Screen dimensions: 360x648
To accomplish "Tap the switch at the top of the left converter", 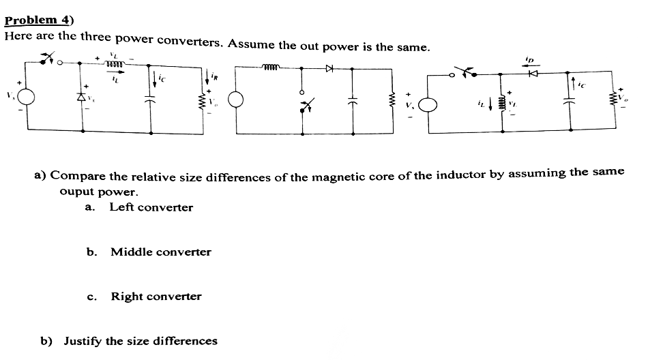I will click(x=48, y=60).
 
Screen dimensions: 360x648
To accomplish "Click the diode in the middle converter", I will click(x=330, y=68).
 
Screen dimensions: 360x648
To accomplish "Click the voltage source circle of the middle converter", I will click(x=236, y=101).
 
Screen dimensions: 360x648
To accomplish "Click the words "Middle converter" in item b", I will click(x=160, y=252).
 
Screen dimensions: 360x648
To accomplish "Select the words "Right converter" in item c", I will click(x=156, y=297).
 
